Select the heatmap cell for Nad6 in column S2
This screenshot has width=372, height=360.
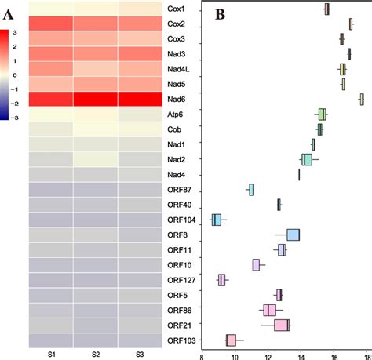(96, 99)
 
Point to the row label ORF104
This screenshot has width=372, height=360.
(179, 220)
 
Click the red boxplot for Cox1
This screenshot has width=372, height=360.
(326, 9)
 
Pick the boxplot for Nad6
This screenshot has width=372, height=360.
(361, 99)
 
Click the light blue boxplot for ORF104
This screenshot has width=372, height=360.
(217, 220)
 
